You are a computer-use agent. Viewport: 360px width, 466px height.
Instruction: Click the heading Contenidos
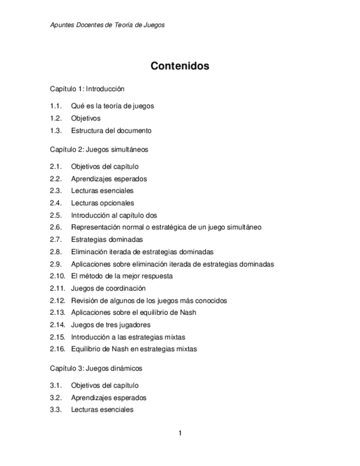point(180,66)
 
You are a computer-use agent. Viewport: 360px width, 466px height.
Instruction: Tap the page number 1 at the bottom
point(180,433)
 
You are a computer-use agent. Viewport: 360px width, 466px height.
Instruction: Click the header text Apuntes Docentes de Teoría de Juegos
point(107,25)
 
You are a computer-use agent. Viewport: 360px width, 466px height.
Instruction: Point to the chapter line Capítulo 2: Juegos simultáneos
point(99,149)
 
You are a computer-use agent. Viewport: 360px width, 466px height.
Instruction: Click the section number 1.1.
point(54,106)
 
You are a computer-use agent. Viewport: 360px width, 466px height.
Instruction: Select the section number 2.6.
point(54,227)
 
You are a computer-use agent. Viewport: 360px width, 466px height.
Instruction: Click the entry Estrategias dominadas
point(107,240)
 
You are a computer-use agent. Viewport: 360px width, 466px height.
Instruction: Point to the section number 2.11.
point(57,288)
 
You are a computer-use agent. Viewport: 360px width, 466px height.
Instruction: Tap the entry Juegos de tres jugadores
point(110,325)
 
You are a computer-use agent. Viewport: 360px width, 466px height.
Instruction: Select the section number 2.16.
point(57,349)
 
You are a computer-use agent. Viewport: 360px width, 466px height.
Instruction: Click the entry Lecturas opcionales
point(102,203)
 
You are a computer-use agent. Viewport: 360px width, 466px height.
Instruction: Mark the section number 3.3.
point(54,409)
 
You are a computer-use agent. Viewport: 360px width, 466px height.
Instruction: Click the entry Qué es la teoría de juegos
point(112,106)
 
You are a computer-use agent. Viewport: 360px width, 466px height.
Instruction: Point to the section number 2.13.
point(57,313)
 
